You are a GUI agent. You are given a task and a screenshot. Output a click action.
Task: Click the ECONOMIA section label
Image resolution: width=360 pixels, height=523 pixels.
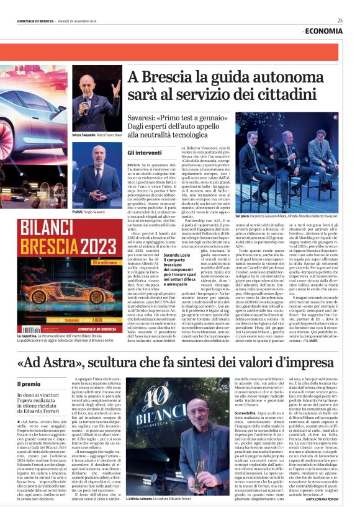coord(323,30)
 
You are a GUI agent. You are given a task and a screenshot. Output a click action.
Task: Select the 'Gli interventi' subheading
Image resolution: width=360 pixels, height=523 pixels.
coord(145,152)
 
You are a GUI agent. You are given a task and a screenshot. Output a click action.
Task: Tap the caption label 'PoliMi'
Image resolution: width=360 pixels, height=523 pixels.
coord(79,212)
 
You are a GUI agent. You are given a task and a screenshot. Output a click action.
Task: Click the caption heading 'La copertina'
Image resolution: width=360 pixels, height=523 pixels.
coord(28,335)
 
